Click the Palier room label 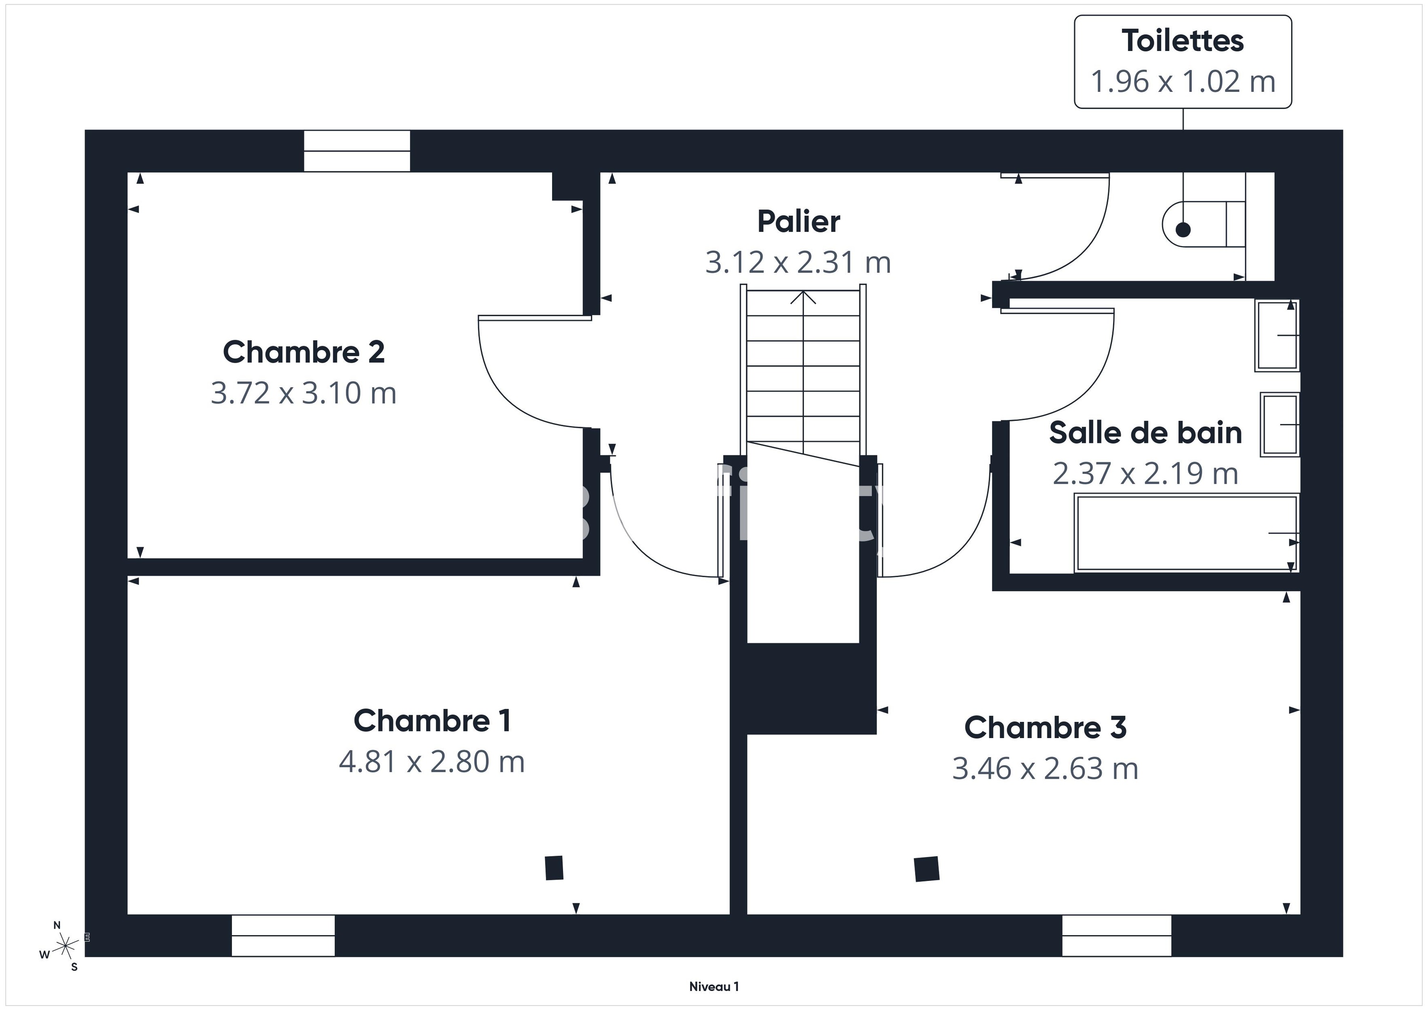(x=799, y=221)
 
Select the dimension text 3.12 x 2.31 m (x=799, y=262)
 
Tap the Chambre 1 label (x=432, y=721)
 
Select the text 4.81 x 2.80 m (x=432, y=762)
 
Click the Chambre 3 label (x=1045, y=728)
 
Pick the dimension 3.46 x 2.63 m (x=1045, y=769)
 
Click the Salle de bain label (x=1145, y=433)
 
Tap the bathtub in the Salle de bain (x=1187, y=533)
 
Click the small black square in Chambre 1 (x=554, y=868)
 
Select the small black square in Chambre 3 (x=927, y=869)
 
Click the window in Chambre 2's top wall (x=357, y=151)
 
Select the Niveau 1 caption (x=714, y=986)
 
